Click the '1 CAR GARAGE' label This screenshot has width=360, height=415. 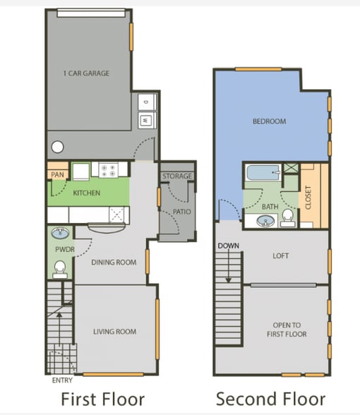[x=86, y=73]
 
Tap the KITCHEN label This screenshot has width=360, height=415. [x=86, y=193]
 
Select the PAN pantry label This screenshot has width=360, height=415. [x=57, y=174]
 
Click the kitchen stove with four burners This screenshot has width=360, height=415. [x=108, y=169]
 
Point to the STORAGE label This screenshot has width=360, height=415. [x=176, y=176]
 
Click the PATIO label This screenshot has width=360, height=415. [x=181, y=211]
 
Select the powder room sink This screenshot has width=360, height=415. [x=61, y=234]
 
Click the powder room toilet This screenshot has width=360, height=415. [x=61, y=268]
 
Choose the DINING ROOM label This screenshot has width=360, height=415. [x=114, y=263]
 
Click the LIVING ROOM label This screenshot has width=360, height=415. [x=114, y=331]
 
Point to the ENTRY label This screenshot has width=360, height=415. [x=62, y=380]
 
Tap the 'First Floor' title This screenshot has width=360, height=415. [x=102, y=399]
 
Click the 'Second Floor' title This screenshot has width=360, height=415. [x=270, y=399]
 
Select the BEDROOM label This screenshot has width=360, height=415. [x=269, y=121]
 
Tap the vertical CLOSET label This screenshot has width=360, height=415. [x=308, y=197]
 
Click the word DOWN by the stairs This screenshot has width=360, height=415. [x=228, y=246]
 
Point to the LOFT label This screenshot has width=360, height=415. [x=281, y=256]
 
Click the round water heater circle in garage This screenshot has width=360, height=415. [x=57, y=148]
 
